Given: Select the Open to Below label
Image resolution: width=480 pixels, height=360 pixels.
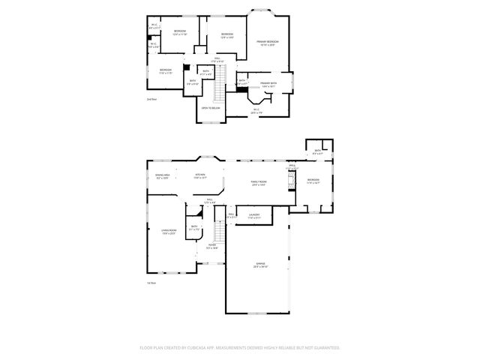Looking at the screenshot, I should click(210, 108).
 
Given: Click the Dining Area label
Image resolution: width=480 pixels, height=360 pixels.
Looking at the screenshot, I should click(162, 176).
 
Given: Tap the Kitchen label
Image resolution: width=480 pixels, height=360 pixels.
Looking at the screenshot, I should click(200, 176).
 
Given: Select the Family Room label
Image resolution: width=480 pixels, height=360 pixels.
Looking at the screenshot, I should click(259, 182).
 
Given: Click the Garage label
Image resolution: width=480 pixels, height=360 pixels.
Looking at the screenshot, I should click(259, 265).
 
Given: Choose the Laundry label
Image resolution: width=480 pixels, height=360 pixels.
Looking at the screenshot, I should click(254, 215).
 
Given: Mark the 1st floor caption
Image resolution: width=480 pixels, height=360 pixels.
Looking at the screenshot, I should click(151, 283).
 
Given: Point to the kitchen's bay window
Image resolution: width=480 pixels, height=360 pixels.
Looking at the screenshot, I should click(208, 158).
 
